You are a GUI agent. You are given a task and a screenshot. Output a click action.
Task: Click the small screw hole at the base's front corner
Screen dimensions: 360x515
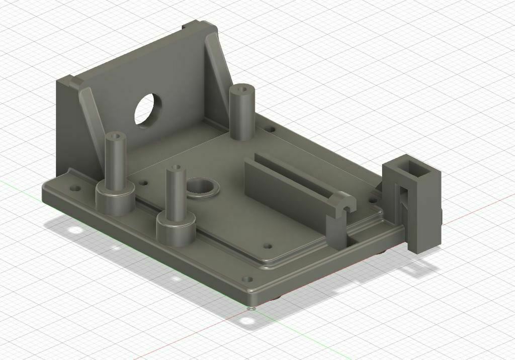click(247, 279)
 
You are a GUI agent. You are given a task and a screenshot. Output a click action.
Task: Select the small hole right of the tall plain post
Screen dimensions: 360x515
click(270, 130)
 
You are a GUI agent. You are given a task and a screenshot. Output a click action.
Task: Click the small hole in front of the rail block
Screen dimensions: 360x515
click(268, 247)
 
